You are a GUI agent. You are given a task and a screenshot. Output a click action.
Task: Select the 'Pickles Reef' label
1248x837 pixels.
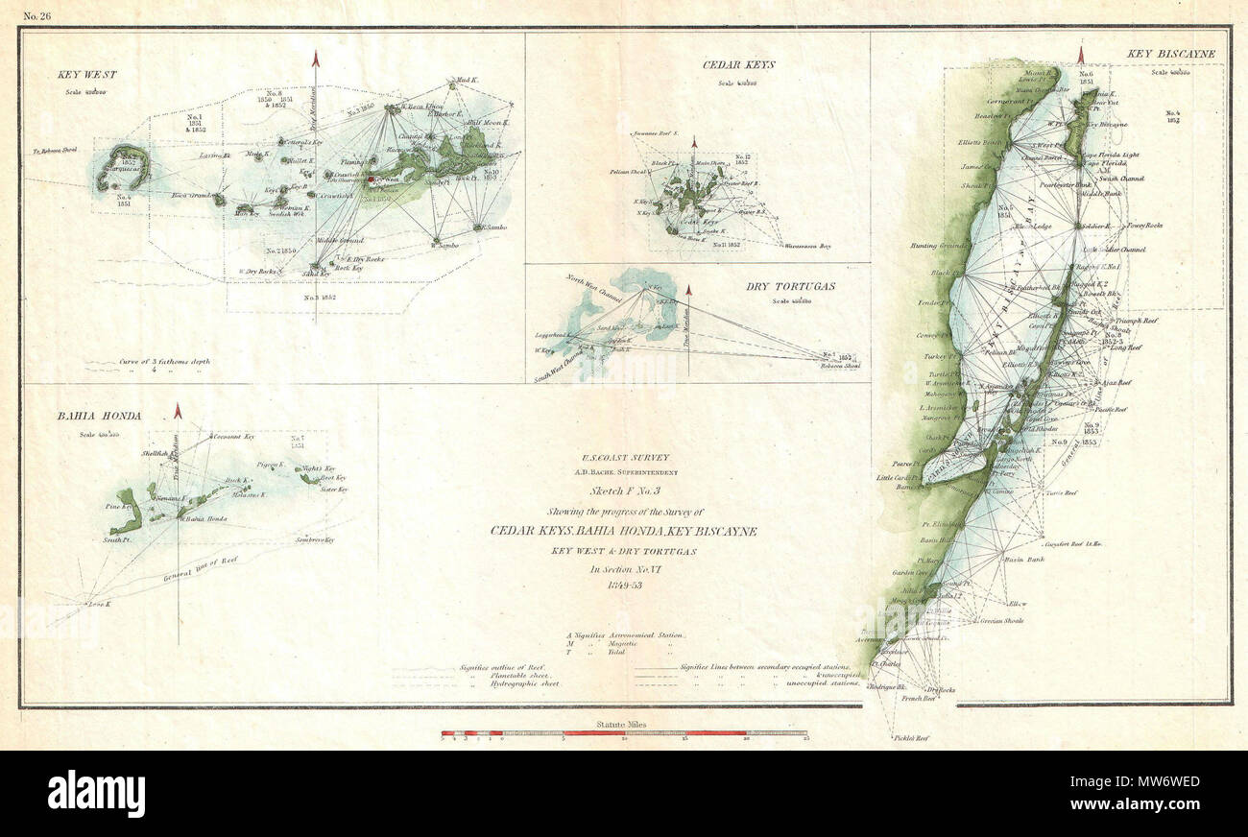(x=912, y=738)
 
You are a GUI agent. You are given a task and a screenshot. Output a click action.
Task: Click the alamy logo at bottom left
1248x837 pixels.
(x=96, y=795)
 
